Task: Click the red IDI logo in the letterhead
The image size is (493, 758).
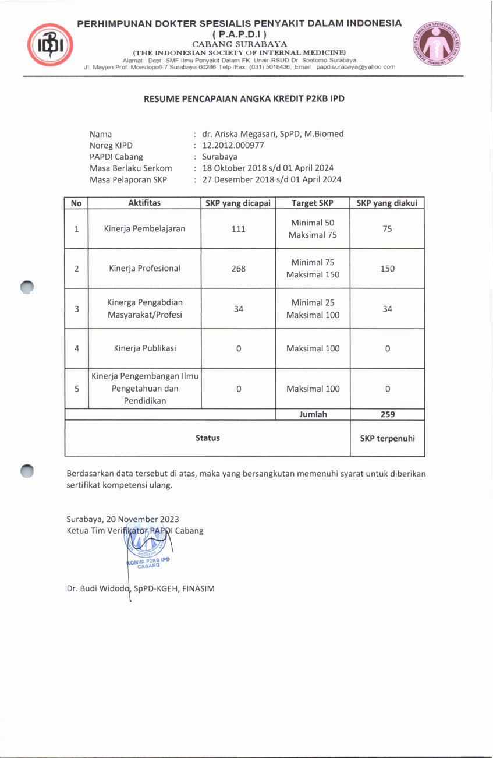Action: [x=50, y=45]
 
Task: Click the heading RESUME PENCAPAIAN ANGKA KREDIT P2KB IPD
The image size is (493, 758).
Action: [x=244, y=99]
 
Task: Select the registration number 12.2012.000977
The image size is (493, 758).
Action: [x=233, y=146]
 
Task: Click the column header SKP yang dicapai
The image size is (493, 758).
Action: [x=238, y=203]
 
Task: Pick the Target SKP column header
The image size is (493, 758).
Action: [x=313, y=203]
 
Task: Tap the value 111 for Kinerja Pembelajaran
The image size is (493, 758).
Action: [x=238, y=229]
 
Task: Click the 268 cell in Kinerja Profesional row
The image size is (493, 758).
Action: [x=238, y=269]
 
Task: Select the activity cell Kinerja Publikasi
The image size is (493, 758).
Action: [x=144, y=348]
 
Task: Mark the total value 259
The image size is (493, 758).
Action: [x=387, y=414]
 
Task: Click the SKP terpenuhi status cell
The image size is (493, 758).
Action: [x=387, y=438]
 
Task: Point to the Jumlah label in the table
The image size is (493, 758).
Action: [x=313, y=414]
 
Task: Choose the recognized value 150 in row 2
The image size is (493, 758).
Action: [x=387, y=269]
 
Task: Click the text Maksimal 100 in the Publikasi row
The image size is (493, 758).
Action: [x=313, y=348]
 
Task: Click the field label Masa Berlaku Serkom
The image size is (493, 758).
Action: [x=130, y=168]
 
